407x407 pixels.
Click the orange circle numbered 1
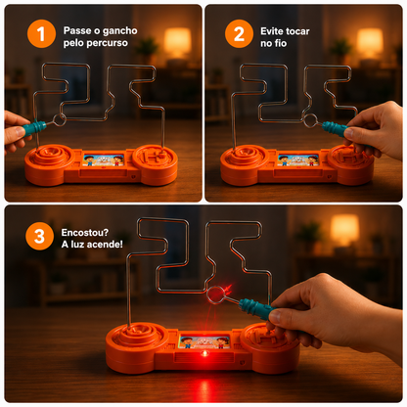point(41,33)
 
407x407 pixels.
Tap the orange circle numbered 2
point(239,33)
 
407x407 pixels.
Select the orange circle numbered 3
point(39,236)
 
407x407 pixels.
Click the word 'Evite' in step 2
point(272,31)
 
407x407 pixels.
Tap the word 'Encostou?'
point(85,233)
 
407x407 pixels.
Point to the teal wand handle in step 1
point(34,127)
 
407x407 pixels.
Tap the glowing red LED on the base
point(204,353)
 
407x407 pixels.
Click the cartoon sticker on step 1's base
point(103,160)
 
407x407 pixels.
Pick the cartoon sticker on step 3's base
point(204,341)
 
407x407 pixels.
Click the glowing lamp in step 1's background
point(177,41)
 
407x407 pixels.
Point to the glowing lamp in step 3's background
point(345,230)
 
